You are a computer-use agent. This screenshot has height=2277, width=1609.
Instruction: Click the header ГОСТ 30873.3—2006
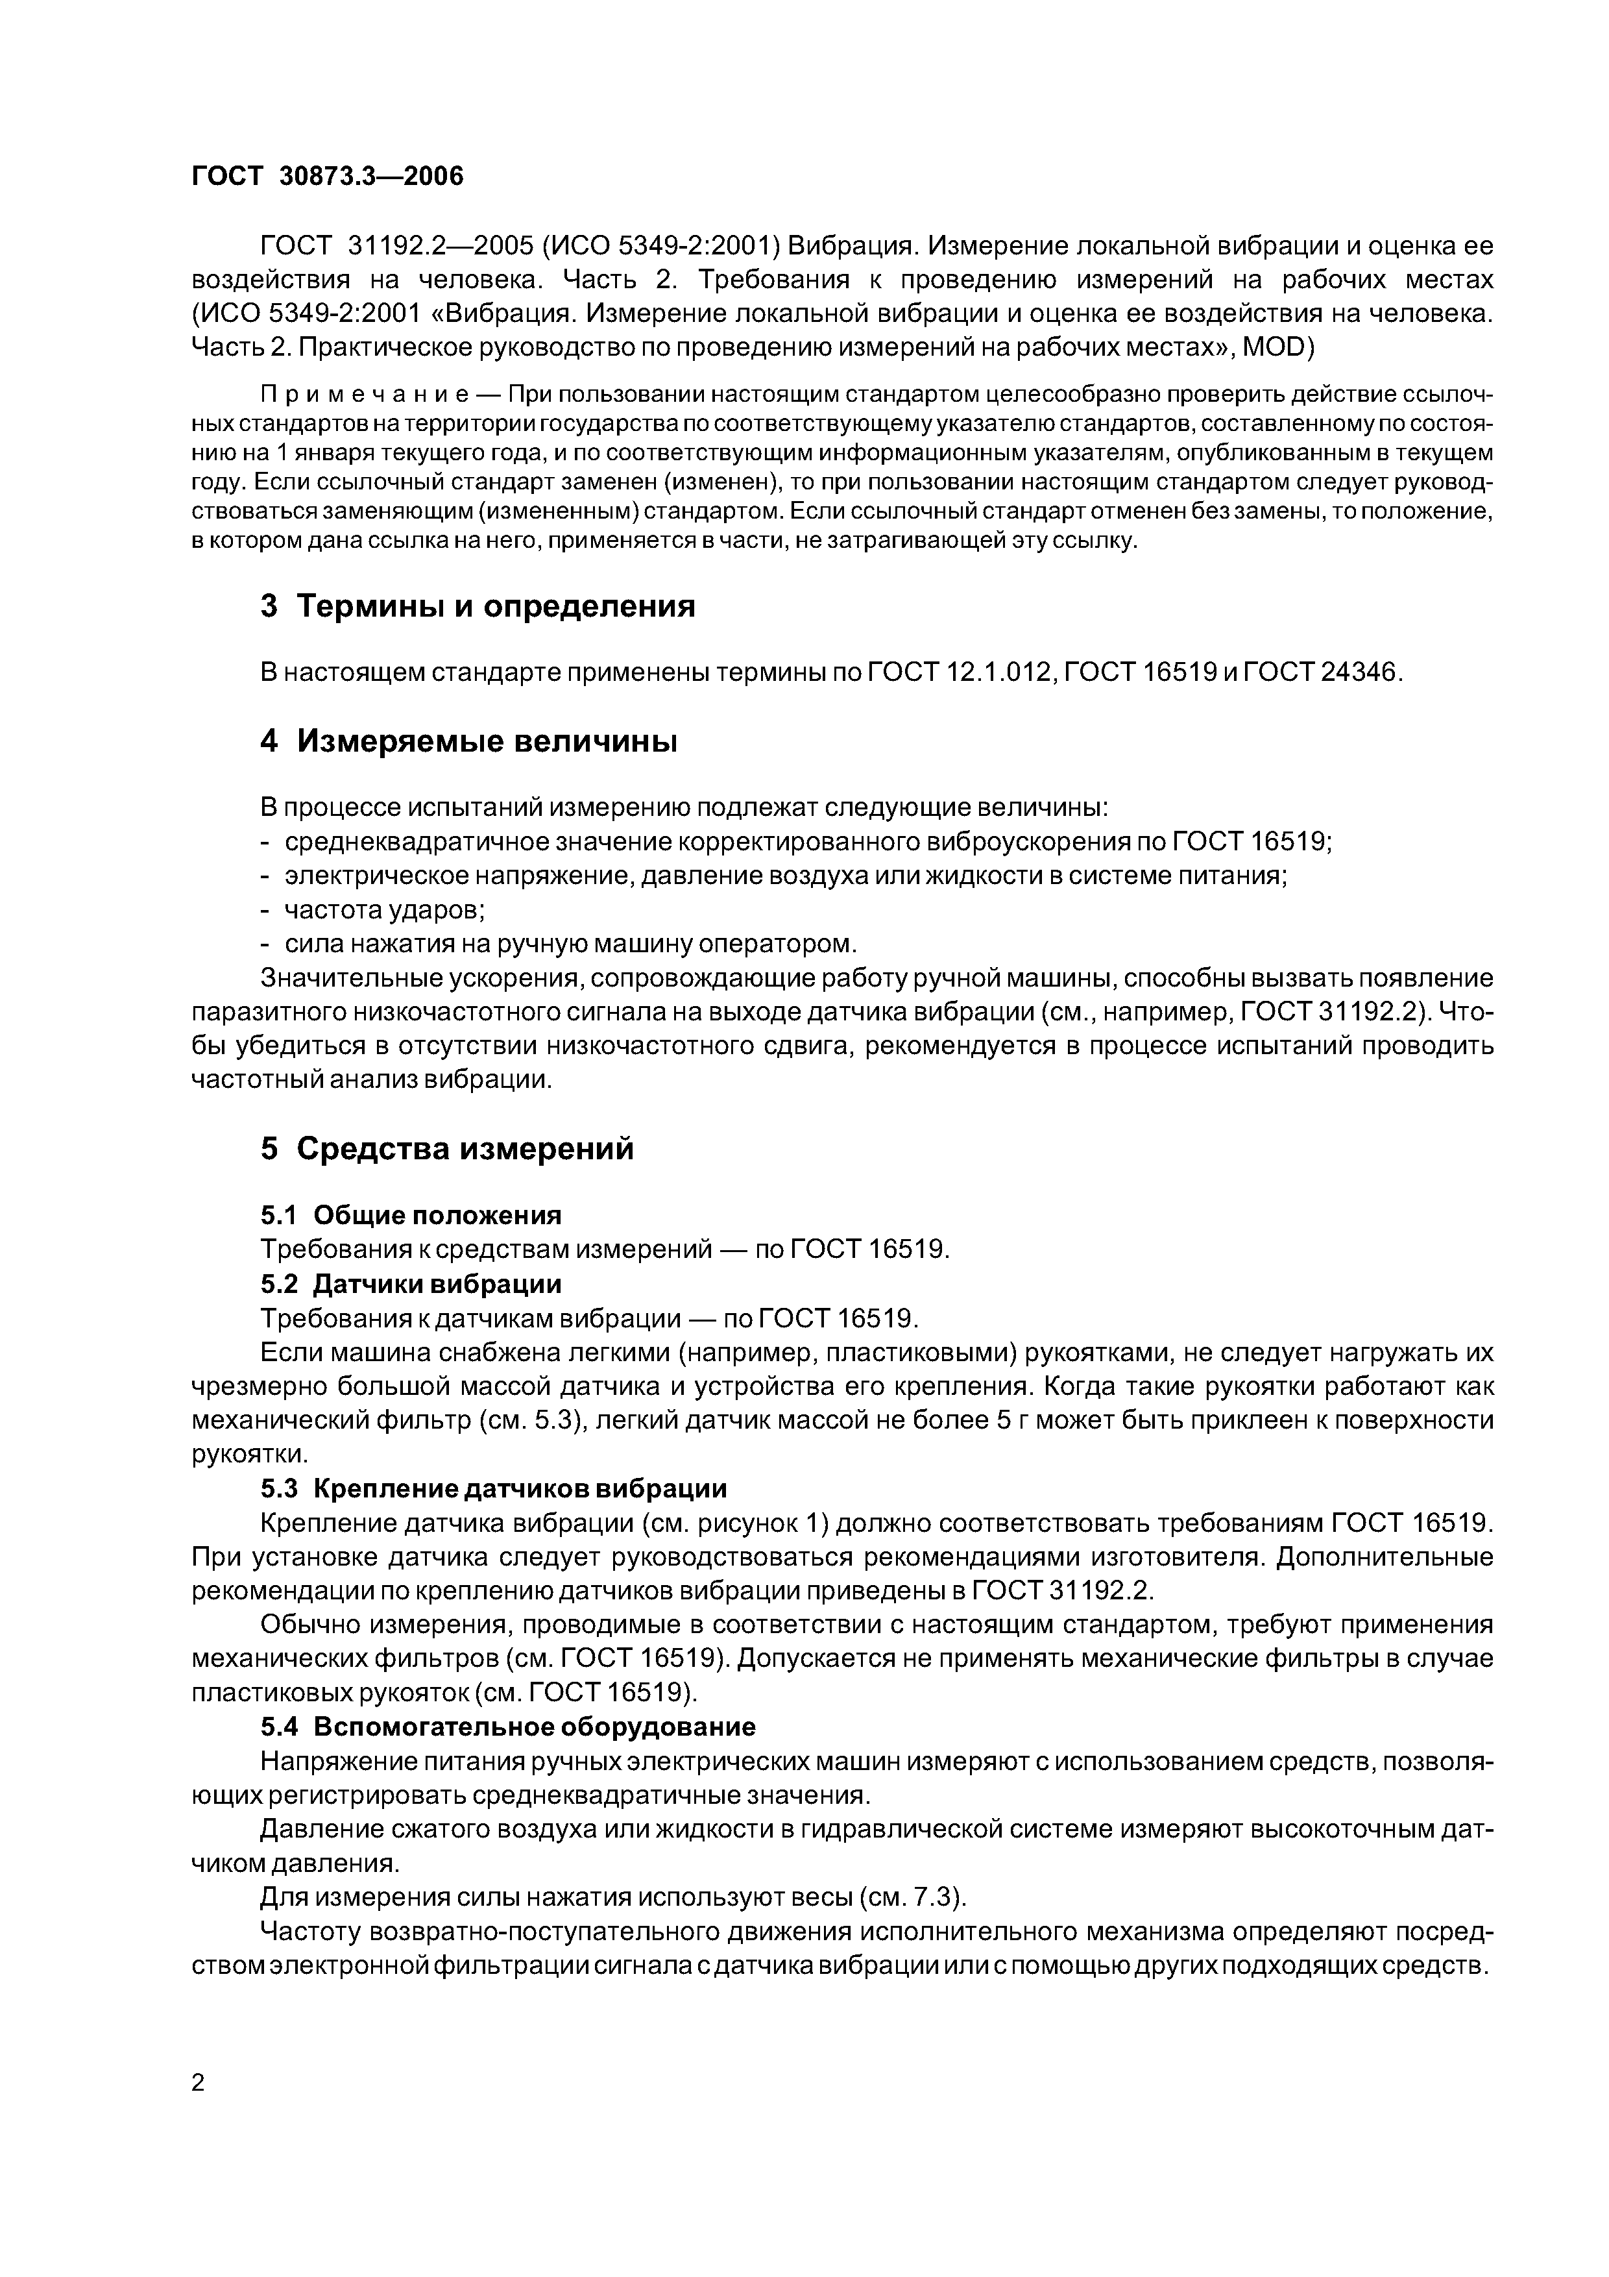[x=326, y=177]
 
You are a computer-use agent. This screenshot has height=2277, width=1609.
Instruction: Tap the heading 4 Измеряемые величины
[x=468, y=741]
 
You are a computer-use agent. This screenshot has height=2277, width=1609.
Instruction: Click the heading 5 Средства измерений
[x=446, y=1148]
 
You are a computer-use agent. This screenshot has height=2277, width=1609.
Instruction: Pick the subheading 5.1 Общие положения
[x=411, y=1215]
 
